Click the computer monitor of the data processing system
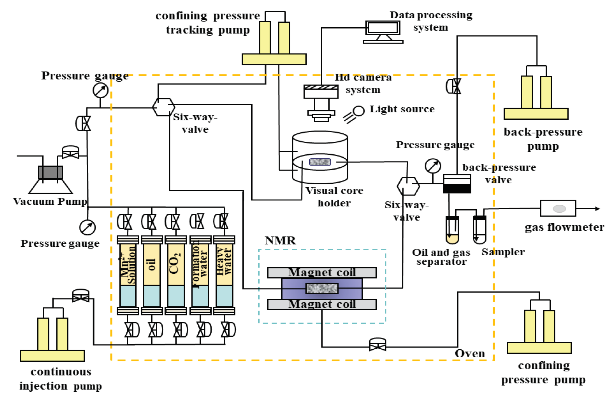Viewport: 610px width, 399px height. [x=383, y=28]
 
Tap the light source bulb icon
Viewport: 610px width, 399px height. [x=358, y=111]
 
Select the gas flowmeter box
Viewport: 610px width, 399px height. [x=558, y=208]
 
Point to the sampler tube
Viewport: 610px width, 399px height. [x=479, y=230]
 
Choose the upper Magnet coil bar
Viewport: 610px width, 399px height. [x=322, y=272]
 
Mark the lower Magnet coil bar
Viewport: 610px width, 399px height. [x=322, y=304]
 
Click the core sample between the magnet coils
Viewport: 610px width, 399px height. [x=322, y=288]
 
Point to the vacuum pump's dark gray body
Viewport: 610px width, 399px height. [x=50, y=172]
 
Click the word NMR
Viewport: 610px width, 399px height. [x=280, y=241]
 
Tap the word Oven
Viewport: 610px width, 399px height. [x=470, y=353]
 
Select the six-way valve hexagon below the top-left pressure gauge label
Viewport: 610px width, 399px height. [x=163, y=107]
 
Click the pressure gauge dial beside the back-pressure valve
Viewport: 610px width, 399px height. [x=433, y=166]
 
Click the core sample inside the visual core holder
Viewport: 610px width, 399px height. [x=320, y=162]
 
